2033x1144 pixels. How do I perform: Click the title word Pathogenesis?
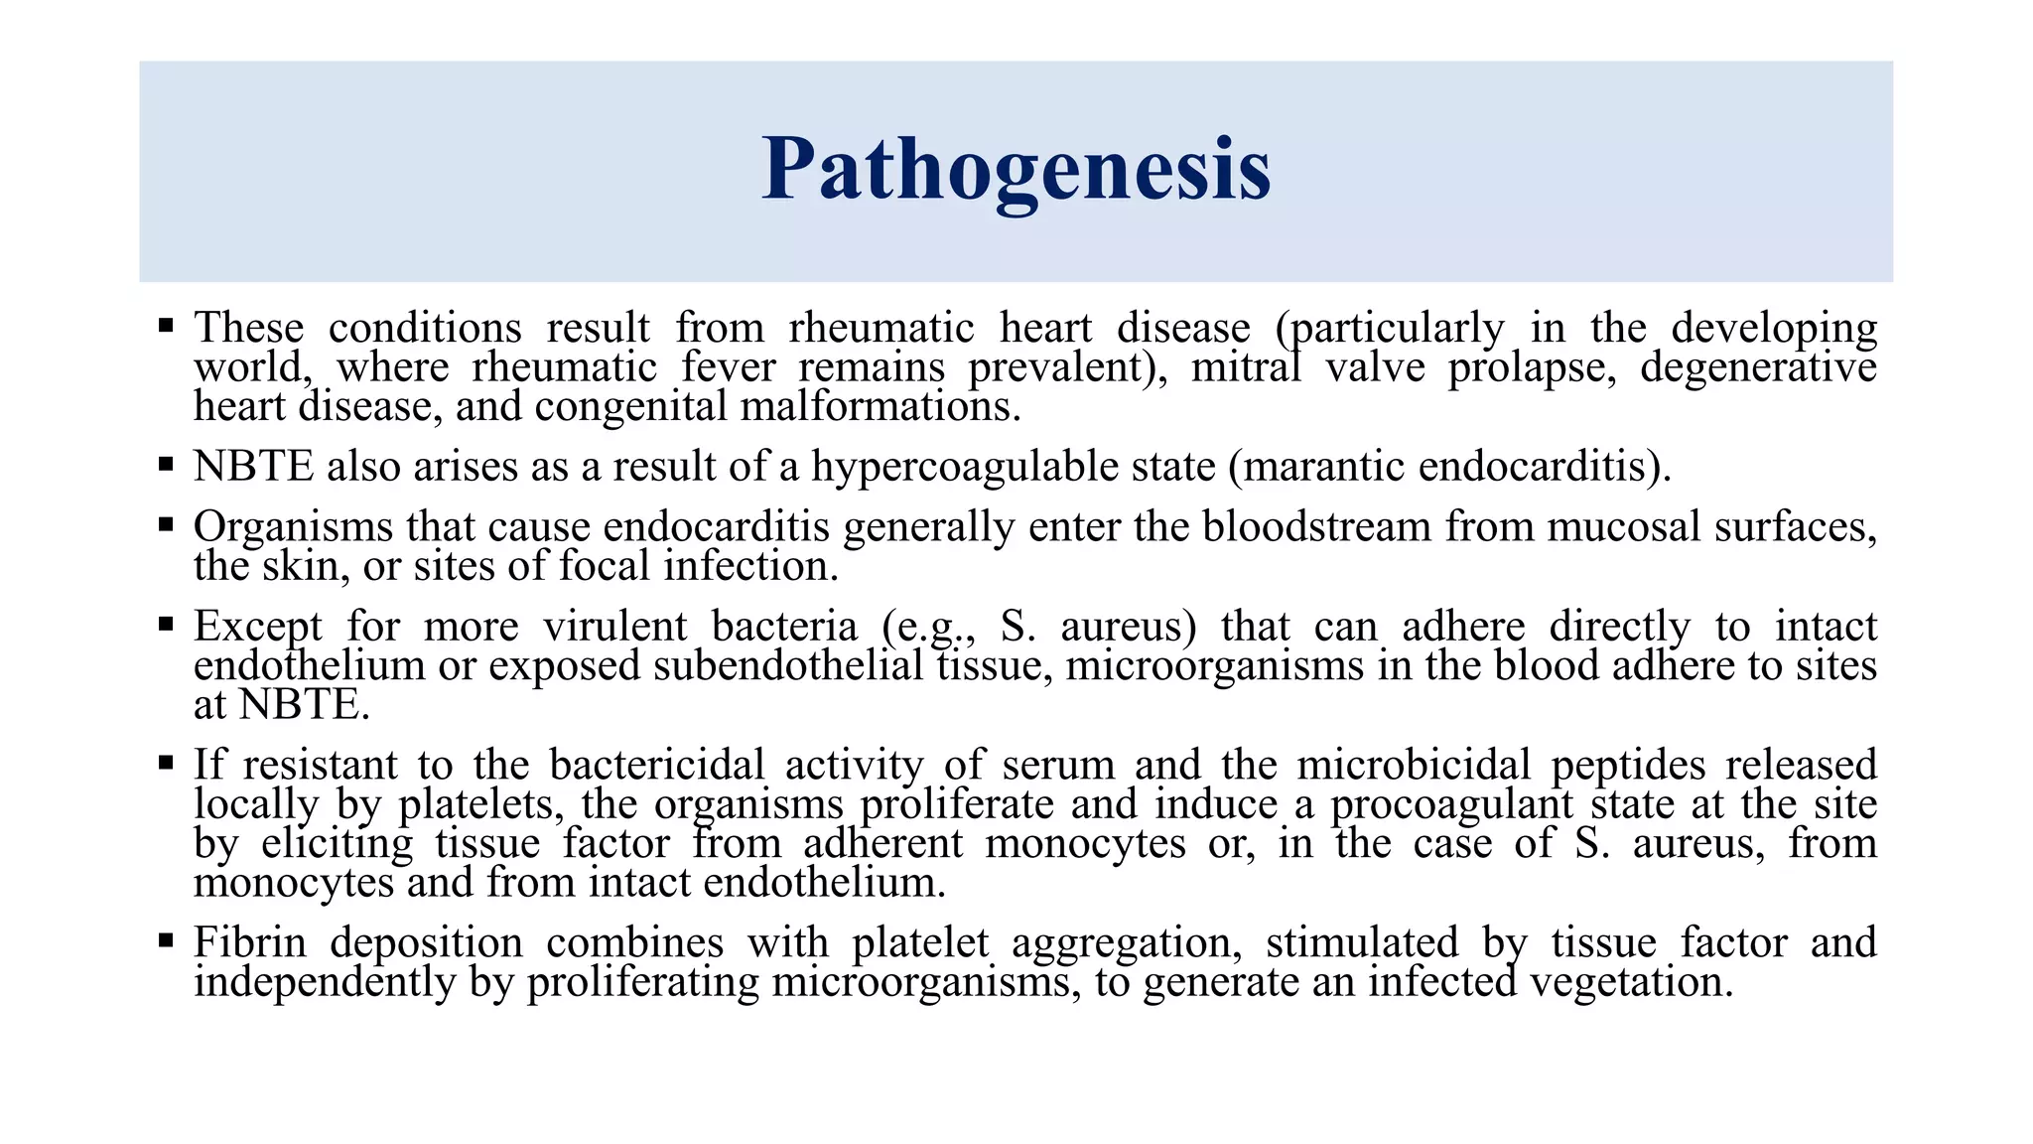tap(1016, 170)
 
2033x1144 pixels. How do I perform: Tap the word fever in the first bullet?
tap(728, 367)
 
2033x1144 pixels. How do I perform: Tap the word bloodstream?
tap(1316, 526)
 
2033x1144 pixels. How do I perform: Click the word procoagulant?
tap(1451, 804)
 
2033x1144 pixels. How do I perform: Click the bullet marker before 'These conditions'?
tap(166, 325)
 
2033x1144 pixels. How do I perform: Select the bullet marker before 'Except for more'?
tap(166, 624)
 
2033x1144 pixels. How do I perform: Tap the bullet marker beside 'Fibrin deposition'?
tap(166, 939)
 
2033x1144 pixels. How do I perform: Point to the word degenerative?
tap(1757, 367)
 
